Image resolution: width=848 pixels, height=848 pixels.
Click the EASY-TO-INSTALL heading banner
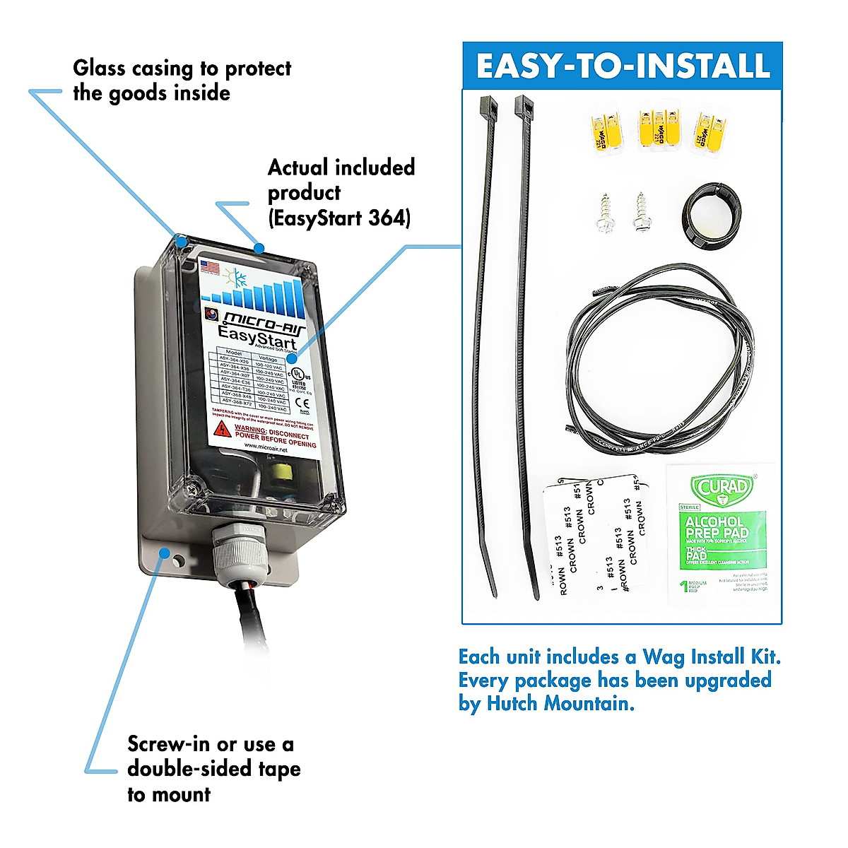click(x=622, y=66)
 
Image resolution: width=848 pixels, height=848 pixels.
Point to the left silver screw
click(x=606, y=212)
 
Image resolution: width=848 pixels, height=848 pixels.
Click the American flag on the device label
click(x=209, y=267)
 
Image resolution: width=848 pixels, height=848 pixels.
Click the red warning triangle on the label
click(x=223, y=429)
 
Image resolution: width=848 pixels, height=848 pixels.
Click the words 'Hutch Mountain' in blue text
click(x=560, y=704)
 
